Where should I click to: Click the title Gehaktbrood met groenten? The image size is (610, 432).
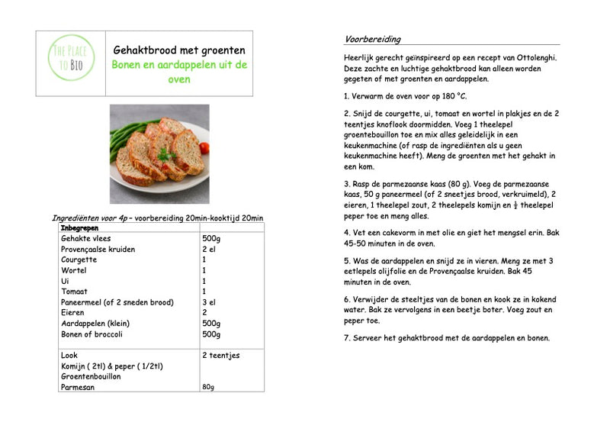pyautogui.click(x=179, y=50)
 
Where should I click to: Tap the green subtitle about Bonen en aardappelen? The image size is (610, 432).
pyautogui.click(x=179, y=72)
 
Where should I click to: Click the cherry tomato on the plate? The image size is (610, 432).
pyautogui.click(x=204, y=147)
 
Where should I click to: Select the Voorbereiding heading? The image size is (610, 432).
pyautogui.click(x=373, y=39)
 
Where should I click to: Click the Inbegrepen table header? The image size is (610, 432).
pyautogui.click(x=79, y=228)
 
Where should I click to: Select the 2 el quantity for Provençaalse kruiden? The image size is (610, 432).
pyautogui.click(x=209, y=250)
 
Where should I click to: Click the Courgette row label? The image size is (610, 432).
pyautogui.click(x=79, y=260)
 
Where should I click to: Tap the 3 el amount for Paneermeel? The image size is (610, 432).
pyautogui.click(x=209, y=302)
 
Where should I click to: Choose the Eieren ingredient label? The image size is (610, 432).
pyautogui.click(x=73, y=313)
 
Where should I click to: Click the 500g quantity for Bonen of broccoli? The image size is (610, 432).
pyautogui.click(x=211, y=334)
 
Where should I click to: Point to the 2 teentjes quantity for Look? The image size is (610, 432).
pyautogui.click(x=221, y=356)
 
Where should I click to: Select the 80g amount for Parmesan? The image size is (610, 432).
pyautogui.click(x=209, y=387)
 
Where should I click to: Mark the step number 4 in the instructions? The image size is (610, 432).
pyautogui.click(x=347, y=232)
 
